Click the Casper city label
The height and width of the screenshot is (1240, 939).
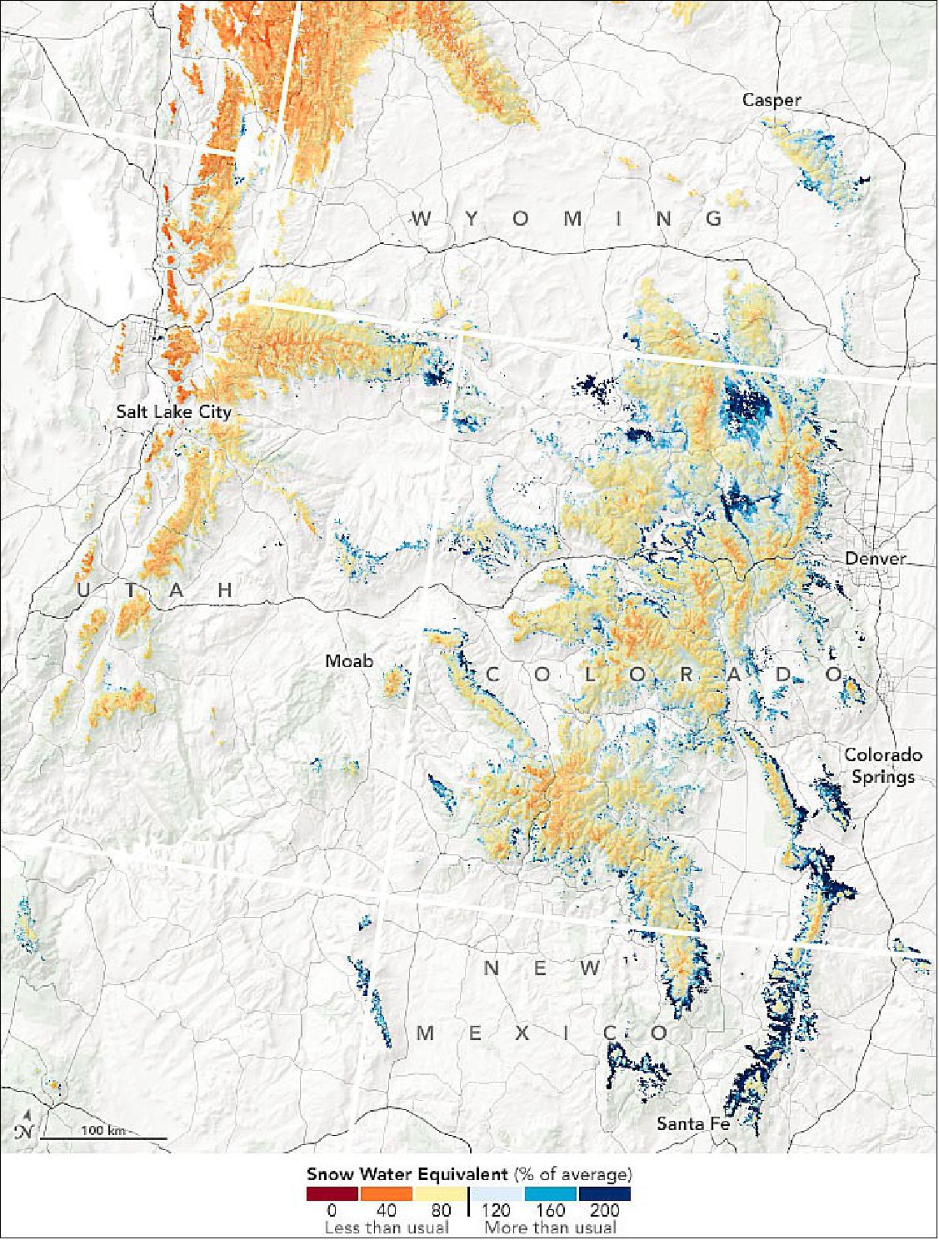tap(772, 101)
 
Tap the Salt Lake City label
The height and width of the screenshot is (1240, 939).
tap(173, 411)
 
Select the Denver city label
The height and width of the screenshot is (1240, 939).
tap(874, 558)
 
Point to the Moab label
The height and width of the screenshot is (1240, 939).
tap(349, 661)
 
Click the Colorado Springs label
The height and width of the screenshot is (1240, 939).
tap(882, 765)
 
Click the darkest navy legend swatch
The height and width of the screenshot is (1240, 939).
tap(604, 1193)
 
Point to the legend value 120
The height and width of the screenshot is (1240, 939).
tap(496, 1209)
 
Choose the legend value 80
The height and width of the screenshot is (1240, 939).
tap(441, 1209)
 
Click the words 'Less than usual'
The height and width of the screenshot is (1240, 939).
tap(387, 1227)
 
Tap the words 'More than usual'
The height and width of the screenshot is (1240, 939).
tap(551, 1227)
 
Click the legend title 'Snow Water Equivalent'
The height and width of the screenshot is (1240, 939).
tap(407, 1175)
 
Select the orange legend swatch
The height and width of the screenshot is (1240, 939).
tap(387, 1193)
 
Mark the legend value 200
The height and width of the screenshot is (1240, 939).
tap(603, 1209)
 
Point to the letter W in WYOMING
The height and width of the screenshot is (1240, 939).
tap(422, 219)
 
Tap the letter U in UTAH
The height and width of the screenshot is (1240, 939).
tap(82, 590)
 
